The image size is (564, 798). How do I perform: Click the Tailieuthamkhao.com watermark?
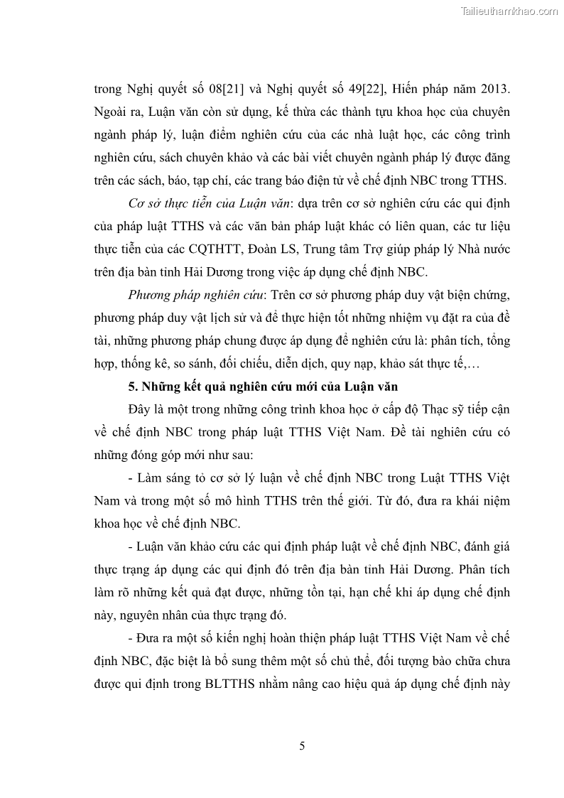509,11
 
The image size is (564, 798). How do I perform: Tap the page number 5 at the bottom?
303,745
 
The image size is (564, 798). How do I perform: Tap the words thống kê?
143,364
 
